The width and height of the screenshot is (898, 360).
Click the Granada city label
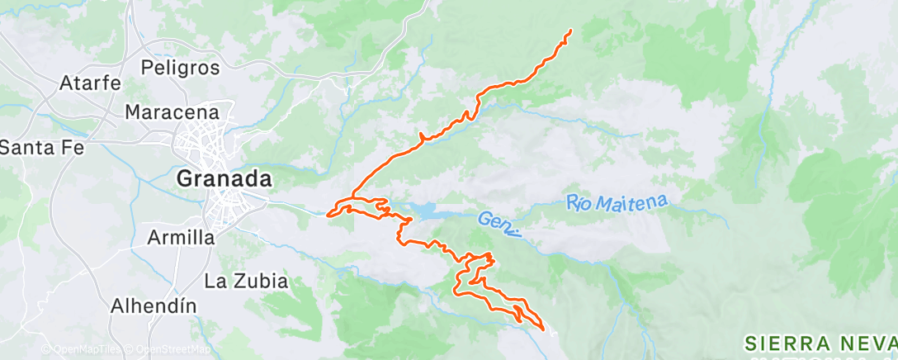pyautogui.click(x=225, y=178)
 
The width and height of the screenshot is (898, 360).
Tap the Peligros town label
pyautogui.click(x=180, y=66)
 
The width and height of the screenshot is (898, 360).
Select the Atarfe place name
pyautogui.click(x=91, y=83)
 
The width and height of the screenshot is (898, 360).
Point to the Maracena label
pyautogui.click(x=172, y=111)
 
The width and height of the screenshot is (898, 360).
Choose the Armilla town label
pyautogui.click(x=180, y=238)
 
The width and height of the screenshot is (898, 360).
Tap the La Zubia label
pyautogui.click(x=246, y=281)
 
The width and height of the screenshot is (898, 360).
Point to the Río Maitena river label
pyautogui.click(x=617, y=201)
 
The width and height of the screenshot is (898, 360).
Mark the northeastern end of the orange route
pyautogui.click(x=571, y=31)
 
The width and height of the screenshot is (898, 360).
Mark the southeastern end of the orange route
pyautogui.click(x=544, y=329)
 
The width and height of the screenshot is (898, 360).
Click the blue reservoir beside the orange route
pyautogui.click(x=438, y=213)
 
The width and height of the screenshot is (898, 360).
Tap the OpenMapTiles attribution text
pyautogui.click(x=80, y=350)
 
